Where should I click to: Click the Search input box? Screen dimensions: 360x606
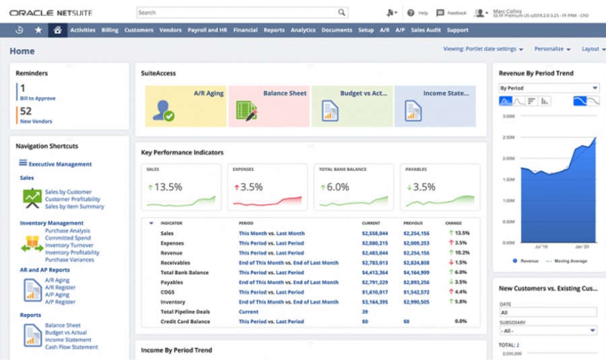click(236, 12)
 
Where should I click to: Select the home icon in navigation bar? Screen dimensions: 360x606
click(57, 30)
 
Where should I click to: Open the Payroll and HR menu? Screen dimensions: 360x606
click(207, 30)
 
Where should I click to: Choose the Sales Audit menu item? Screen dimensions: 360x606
click(426, 30)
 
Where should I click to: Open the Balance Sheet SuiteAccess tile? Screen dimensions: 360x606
click(269, 106)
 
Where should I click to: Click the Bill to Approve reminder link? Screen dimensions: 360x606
click(38, 98)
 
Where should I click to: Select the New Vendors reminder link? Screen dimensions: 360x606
click(36, 121)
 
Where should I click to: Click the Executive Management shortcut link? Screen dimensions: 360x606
click(60, 164)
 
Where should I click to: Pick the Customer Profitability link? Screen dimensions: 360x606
click(73, 199)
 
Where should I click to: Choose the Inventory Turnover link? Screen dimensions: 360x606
click(69, 246)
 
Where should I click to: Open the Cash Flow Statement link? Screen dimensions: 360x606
click(71, 347)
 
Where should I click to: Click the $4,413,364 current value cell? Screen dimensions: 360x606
click(375, 273)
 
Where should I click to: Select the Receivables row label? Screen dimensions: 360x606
click(175, 263)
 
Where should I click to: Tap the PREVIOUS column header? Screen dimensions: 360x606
click(413, 223)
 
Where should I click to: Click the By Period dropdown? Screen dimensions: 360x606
click(549, 88)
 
